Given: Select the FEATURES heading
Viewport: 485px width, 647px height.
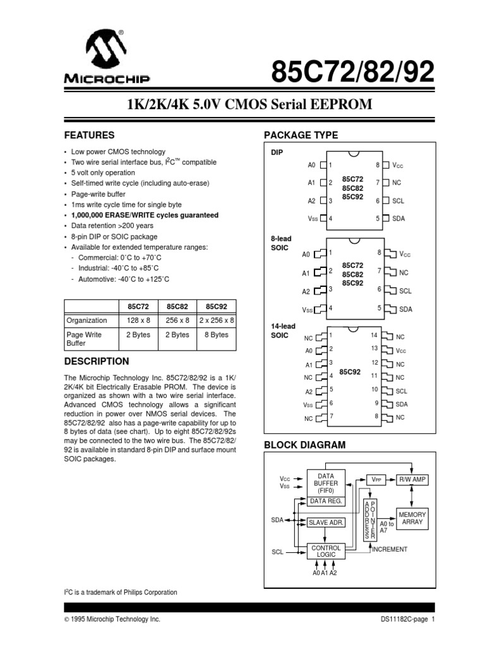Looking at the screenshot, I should click(x=89, y=135).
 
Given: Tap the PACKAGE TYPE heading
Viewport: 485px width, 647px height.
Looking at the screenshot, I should click(x=301, y=135).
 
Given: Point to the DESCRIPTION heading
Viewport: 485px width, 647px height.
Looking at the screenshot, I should click(x=97, y=361).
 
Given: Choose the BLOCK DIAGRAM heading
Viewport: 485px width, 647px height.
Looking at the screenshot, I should click(x=304, y=445).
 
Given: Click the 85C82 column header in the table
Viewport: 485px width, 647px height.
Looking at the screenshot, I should click(x=177, y=306).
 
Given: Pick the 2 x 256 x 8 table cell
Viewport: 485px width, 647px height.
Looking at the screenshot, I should click(x=217, y=320).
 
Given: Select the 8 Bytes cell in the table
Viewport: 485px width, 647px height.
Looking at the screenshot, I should click(x=217, y=335).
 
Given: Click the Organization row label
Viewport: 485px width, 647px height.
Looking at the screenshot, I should click(x=87, y=320).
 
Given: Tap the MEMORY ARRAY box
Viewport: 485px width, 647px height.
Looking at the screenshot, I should click(x=412, y=519).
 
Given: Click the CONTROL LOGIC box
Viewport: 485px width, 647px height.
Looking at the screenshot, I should click(x=326, y=552).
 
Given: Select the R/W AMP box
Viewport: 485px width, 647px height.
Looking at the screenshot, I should click(x=412, y=480).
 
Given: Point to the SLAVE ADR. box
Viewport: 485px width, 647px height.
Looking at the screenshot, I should click(x=326, y=523).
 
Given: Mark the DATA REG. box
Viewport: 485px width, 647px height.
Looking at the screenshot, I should click(x=326, y=501).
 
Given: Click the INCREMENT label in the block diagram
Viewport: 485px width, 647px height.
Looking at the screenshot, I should click(x=390, y=550).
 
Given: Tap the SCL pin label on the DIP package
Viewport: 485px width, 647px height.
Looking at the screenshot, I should click(x=398, y=201).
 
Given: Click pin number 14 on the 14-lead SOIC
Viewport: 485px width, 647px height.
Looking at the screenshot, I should click(x=374, y=335).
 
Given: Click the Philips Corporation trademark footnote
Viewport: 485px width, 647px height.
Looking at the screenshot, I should click(x=120, y=592).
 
